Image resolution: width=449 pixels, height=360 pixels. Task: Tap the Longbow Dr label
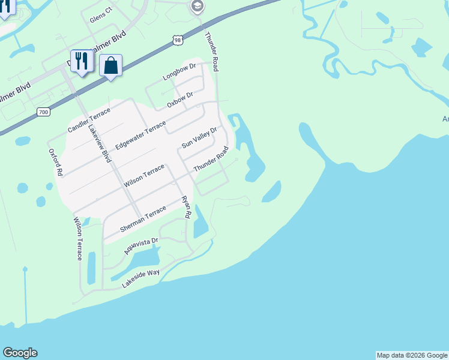(x=180, y=72)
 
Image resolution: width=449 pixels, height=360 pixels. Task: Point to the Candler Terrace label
(x=89, y=121)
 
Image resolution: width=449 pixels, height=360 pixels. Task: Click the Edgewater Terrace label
(x=140, y=136)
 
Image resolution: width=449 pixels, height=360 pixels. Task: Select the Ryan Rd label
(x=187, y=206)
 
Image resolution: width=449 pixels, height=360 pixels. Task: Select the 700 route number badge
(x=43, y=112)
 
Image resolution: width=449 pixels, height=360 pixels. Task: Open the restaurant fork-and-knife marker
(x=82, y=61)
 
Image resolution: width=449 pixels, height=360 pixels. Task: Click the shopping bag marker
(x=111, y=65)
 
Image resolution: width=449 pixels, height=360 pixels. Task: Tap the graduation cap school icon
(x=196, y=7)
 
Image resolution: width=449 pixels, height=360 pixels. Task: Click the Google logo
(x=20, y=353)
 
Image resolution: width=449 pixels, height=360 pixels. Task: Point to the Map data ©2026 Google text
(x=412, y=355)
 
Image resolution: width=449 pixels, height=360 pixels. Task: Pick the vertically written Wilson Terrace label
(x=78, y=239)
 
